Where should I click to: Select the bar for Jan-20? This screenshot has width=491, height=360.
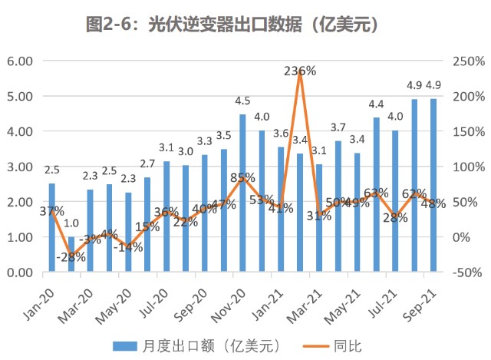click(52, 227)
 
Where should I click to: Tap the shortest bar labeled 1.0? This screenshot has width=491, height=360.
click(71, 254)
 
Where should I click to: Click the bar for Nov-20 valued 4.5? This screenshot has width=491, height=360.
click(242, 193)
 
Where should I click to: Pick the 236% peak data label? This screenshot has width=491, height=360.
click(300, 71)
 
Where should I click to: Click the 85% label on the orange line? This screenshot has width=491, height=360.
click(243, 178)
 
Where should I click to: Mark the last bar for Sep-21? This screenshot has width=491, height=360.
click(433, 185)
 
